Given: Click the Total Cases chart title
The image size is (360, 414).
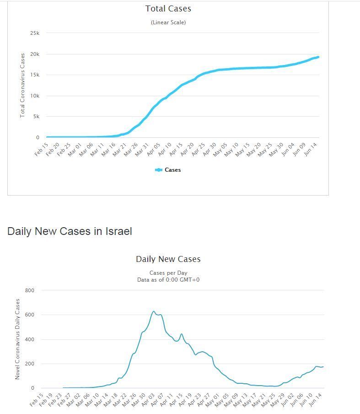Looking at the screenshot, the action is click(x=168, y=9).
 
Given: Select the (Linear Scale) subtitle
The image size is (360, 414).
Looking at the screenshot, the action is click(x=168, y=22).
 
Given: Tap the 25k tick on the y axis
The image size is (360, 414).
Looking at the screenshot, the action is click(x=35, y=33).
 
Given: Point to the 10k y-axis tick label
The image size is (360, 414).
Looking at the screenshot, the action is click(x=35, y=96).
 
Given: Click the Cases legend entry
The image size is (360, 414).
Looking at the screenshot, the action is click(x=168, y=170).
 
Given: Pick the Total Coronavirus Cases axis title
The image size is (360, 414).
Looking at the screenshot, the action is click(x=22, y=85).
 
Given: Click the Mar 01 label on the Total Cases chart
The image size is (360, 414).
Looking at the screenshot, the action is click(x=75, y=149).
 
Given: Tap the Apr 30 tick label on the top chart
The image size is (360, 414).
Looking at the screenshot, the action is click(x=210, y=149).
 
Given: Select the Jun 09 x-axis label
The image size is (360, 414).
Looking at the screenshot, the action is click(x=299, y=149).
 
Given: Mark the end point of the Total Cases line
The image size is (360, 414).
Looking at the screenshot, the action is click(x=318, y=57).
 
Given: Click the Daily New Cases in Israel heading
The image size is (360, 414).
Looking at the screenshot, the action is click(x=70, y=231).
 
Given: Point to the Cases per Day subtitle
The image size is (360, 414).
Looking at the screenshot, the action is click(x=168, y=273).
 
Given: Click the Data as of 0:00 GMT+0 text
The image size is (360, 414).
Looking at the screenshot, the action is click(x=168, y=280).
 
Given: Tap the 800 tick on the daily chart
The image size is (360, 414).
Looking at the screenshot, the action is click(x=30, y=290).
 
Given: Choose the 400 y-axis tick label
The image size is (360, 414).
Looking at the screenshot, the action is click(x=30, y=339).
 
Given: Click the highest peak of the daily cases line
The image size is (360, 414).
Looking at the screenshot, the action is click(x=154, y=311).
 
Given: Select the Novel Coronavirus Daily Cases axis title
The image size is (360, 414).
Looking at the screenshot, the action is click(x=17, y=339).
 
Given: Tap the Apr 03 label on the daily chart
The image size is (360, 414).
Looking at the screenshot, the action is click(x=148, y=400).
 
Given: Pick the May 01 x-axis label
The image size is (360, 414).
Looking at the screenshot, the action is click(x=212, y=400).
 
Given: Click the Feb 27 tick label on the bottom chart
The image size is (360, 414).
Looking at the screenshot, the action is click(x=65, y=400).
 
